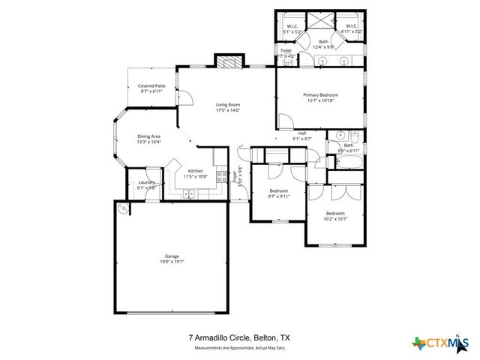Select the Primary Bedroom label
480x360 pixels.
point(320,95)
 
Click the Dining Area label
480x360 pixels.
point(148,136)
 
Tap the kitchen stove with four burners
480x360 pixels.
point(222,177)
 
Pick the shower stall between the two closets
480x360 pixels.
point(323,21)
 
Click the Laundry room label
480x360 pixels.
point(146,182)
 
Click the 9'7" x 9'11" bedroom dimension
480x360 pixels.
point(278,196)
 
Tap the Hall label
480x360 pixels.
point(302,133)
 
